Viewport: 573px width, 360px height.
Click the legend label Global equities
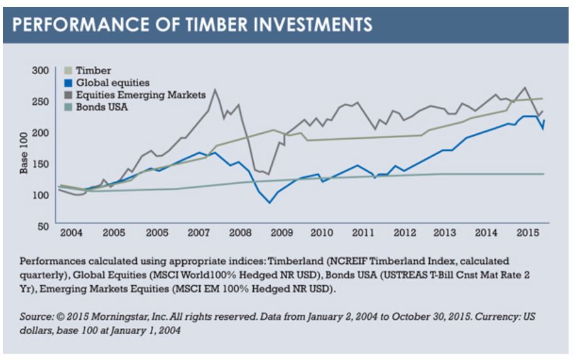[110, 82]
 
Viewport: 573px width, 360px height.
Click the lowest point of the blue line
[270, 203]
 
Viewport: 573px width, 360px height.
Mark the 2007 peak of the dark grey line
[216, 89]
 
